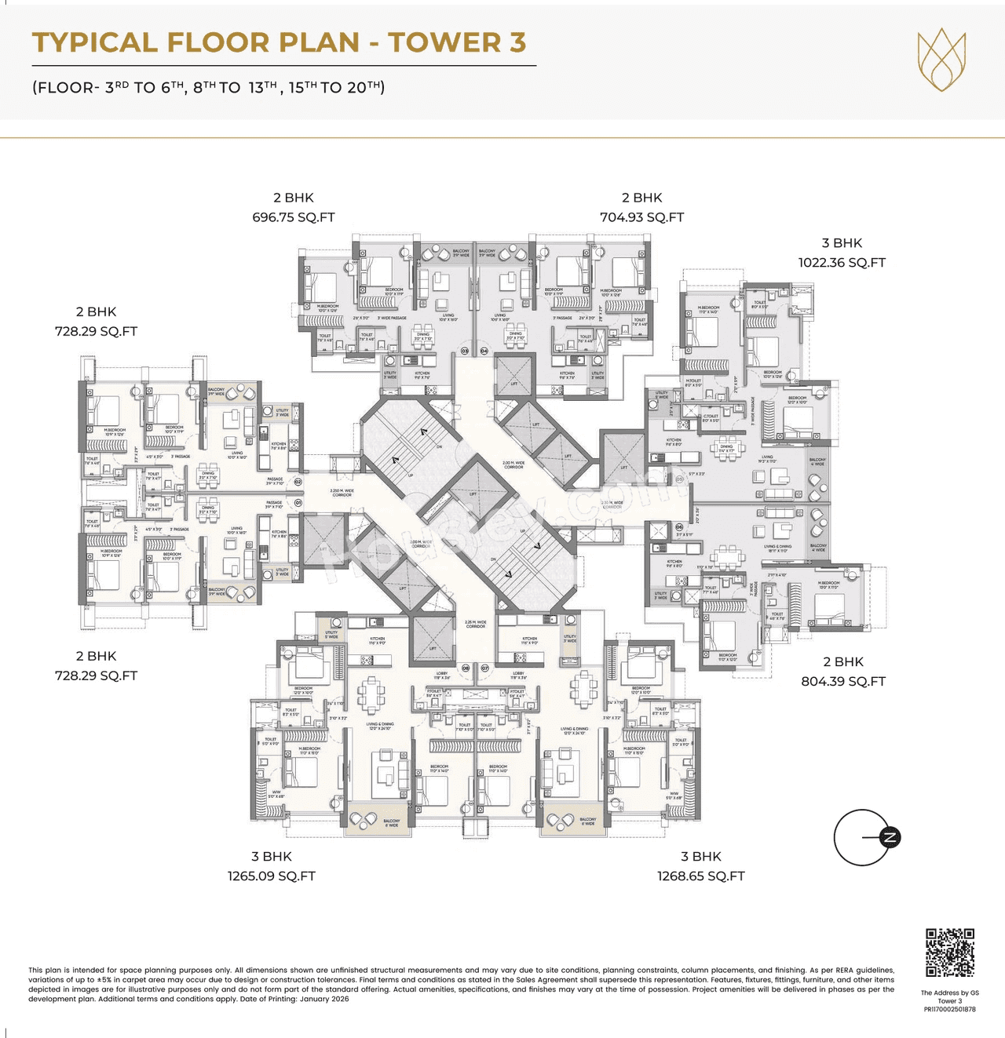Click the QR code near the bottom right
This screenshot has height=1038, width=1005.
pos(949,952)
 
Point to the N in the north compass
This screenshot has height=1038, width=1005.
pos(890,837)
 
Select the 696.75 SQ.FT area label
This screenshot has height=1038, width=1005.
pos(293,217)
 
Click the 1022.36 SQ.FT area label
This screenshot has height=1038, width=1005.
pos(842,263)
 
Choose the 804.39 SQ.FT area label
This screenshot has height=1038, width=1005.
pos(842,682)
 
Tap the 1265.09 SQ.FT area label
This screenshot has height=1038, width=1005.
pos(272,876)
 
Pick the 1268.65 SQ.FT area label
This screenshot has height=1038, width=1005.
pos(700,876)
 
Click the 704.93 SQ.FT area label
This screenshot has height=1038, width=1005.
pos(641,217)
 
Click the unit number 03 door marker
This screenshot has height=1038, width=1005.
pos(464,351)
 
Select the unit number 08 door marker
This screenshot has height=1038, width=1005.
pos(466,668)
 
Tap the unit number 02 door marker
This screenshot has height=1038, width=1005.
pos(298,483)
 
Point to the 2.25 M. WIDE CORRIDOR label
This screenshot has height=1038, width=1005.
pos(475,624)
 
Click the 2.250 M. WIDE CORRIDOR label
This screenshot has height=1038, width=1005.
pos(342,493)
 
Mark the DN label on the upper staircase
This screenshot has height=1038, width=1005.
pos(439,446)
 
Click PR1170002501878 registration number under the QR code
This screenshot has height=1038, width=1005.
pos(949,1010)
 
